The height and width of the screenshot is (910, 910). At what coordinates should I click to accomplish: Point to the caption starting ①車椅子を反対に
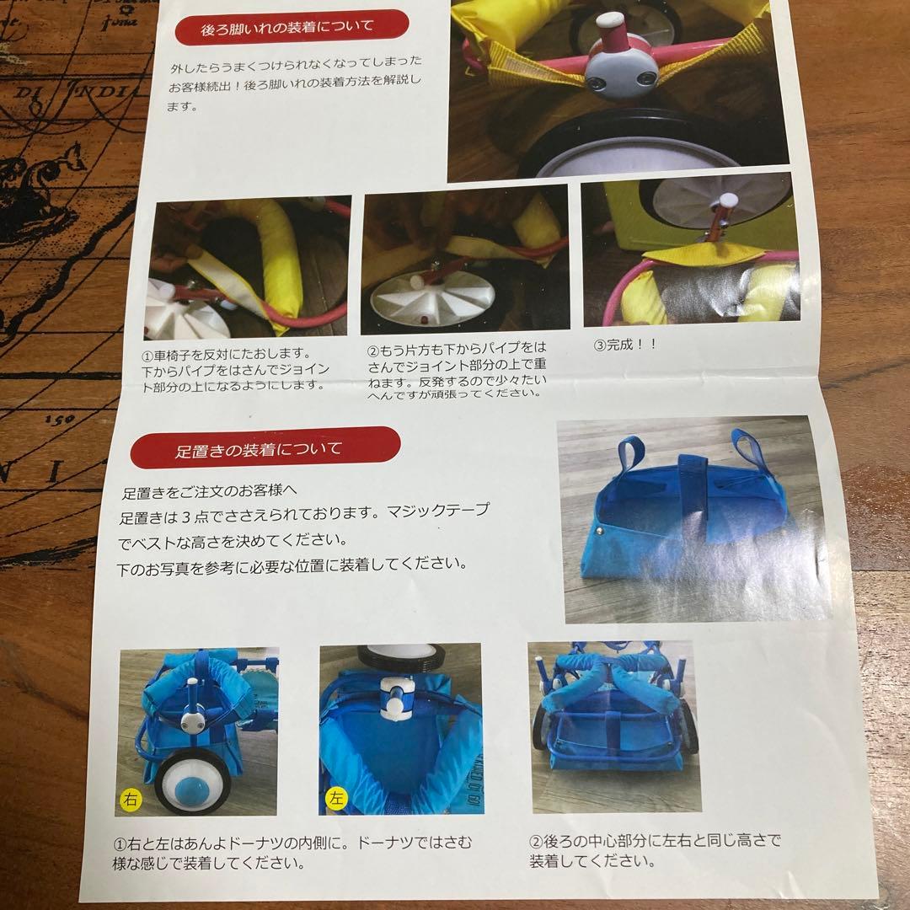click(235, 370)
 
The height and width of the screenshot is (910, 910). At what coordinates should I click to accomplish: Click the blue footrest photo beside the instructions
click(692, 519)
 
